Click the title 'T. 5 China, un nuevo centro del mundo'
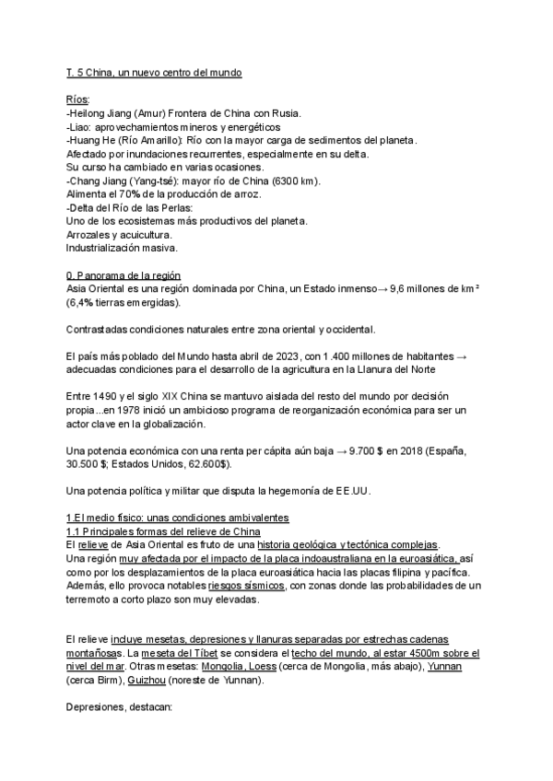tap(154, 72)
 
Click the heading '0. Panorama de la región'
tap(124, 276)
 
